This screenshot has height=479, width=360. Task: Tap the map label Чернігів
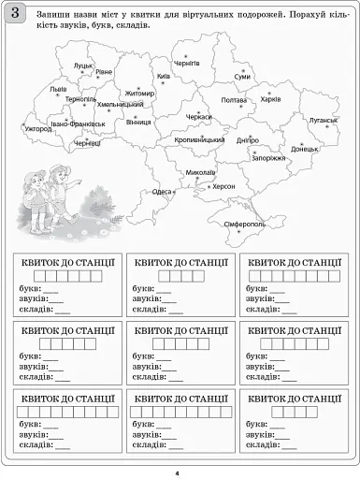click(x=187, y=63)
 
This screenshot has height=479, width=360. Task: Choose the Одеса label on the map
click(x=163, y=191)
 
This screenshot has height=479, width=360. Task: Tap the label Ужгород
click(x=39, y=128)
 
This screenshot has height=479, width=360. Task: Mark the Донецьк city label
click(x=305, y=149)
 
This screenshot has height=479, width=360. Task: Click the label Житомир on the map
click(x=139, y=94)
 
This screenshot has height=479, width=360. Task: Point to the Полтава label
click(x=234, y=100)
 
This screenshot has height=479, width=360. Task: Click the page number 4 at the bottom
click(x=177, y=472)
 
